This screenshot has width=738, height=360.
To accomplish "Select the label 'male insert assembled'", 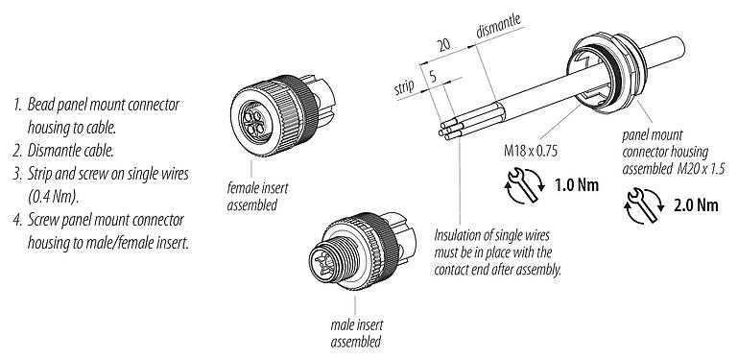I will tap(356, 334).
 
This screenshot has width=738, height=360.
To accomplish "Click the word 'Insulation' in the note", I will tap(460, 234).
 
